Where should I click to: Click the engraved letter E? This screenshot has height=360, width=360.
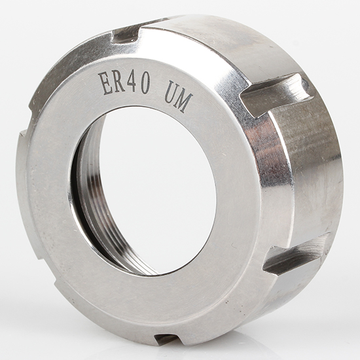(105, 84)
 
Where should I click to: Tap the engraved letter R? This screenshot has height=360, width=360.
(119, 82)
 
